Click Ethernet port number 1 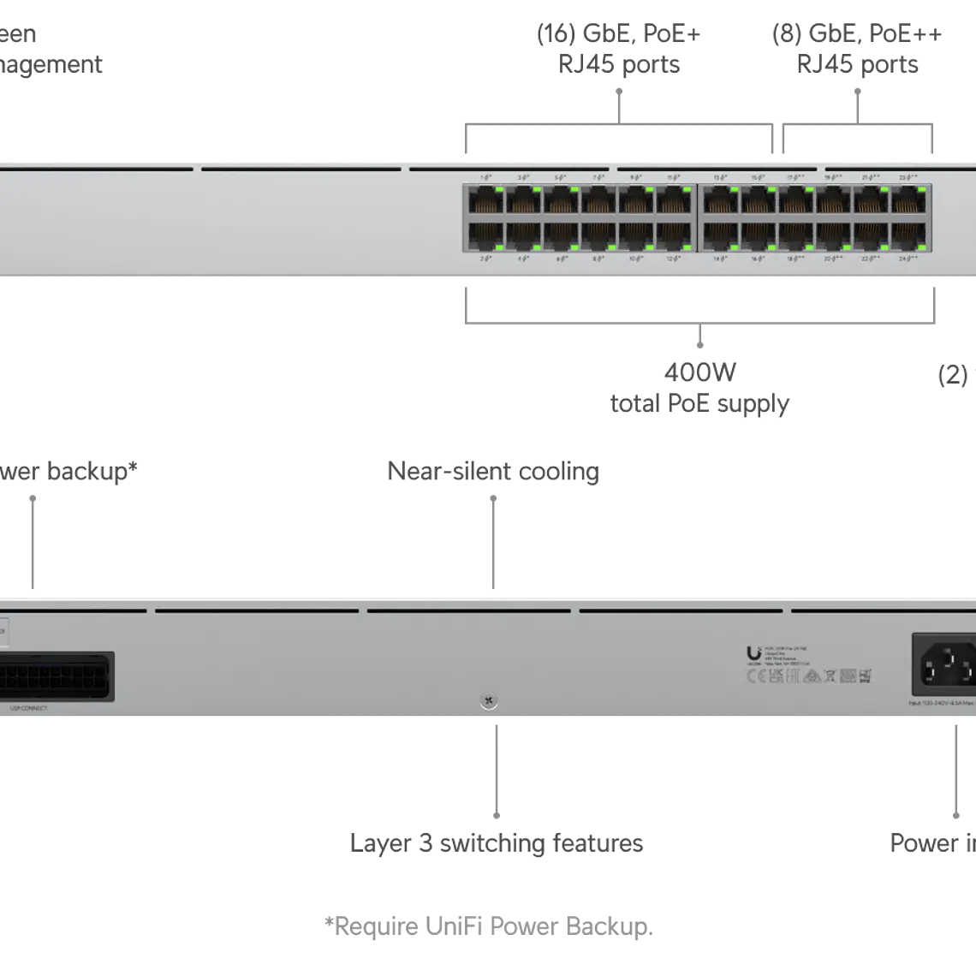pos(485,202)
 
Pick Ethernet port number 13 pos(721,202)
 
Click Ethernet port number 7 pos(598,202)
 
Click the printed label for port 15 pos(758,177)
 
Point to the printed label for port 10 pos(636,258)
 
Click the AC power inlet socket pos(947,665)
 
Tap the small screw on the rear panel pos(489,702)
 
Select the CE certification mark pos(756,676)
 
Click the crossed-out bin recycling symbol pos(830,676)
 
